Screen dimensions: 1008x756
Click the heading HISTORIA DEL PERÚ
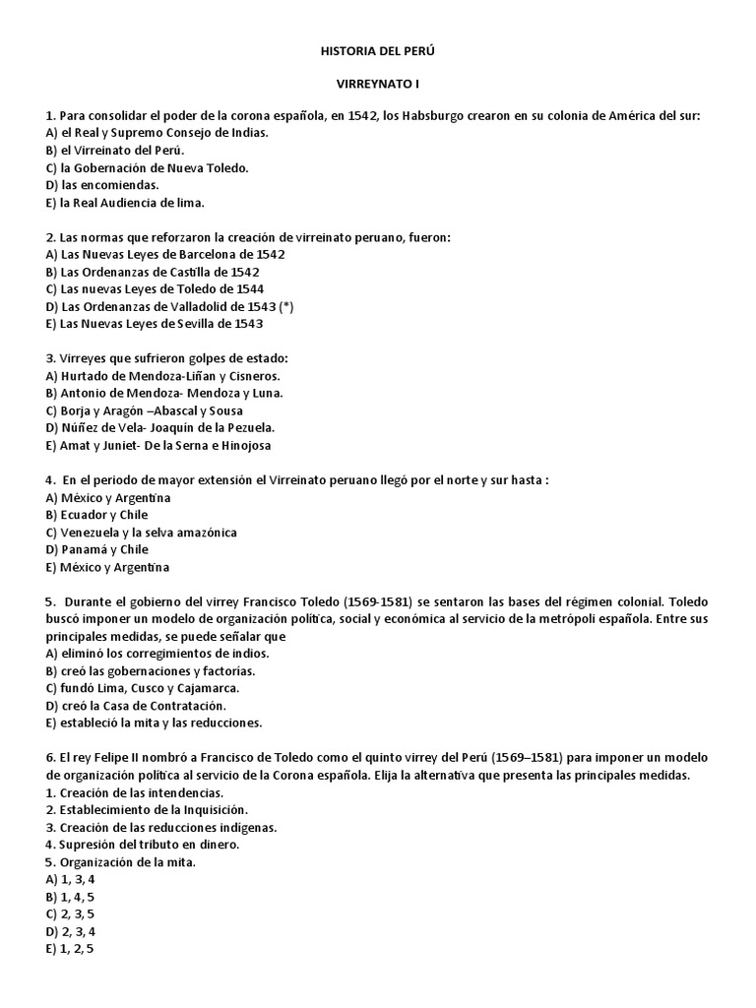[377, 48]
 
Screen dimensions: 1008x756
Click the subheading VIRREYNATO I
[377, 86]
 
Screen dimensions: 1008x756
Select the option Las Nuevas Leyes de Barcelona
[152, 254]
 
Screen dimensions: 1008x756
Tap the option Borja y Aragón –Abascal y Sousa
[144, 410]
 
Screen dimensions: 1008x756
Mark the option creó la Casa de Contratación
[136, 705]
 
